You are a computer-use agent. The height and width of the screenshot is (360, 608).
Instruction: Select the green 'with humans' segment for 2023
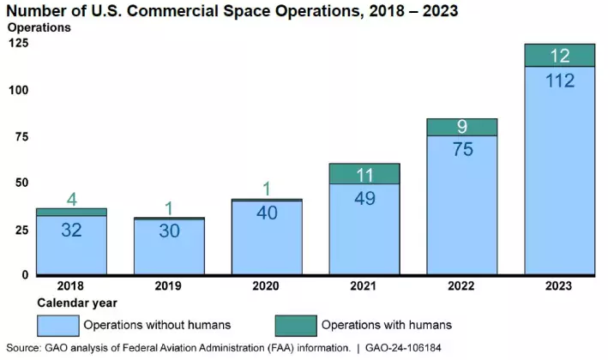point(559,55)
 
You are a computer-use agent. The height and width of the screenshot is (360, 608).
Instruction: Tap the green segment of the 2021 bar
point(364,173)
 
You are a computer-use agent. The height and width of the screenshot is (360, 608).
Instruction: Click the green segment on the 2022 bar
point(462,127)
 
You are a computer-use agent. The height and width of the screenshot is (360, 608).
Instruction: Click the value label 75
point(462,149)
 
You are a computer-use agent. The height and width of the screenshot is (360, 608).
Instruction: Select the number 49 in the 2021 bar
point(364,198)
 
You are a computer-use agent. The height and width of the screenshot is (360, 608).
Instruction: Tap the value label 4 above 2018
point(71,199)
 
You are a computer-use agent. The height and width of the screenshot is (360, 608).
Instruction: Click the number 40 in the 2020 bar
point(267,213)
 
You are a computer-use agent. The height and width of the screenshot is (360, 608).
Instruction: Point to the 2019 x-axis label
point(169,285)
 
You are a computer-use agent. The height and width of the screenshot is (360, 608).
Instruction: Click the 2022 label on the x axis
point(462,285)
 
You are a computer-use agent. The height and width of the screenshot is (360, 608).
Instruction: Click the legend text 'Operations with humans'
point(386,325)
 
